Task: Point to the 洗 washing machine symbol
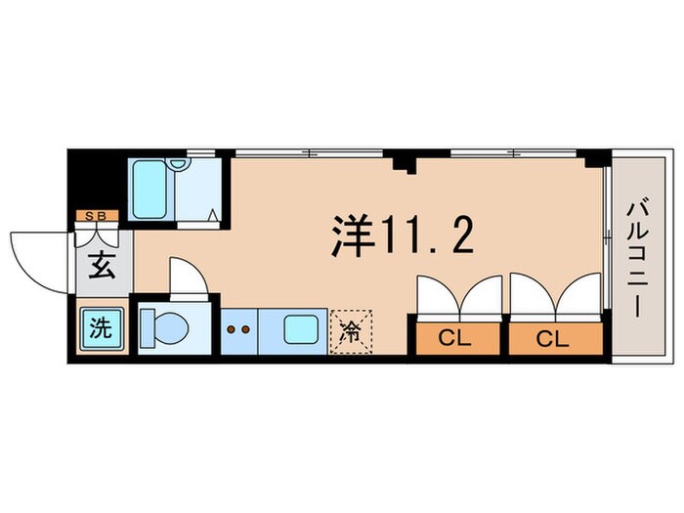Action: (x=99, y=327)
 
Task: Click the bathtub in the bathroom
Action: (x=152, y=190)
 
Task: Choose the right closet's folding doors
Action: (x=551, y=296)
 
